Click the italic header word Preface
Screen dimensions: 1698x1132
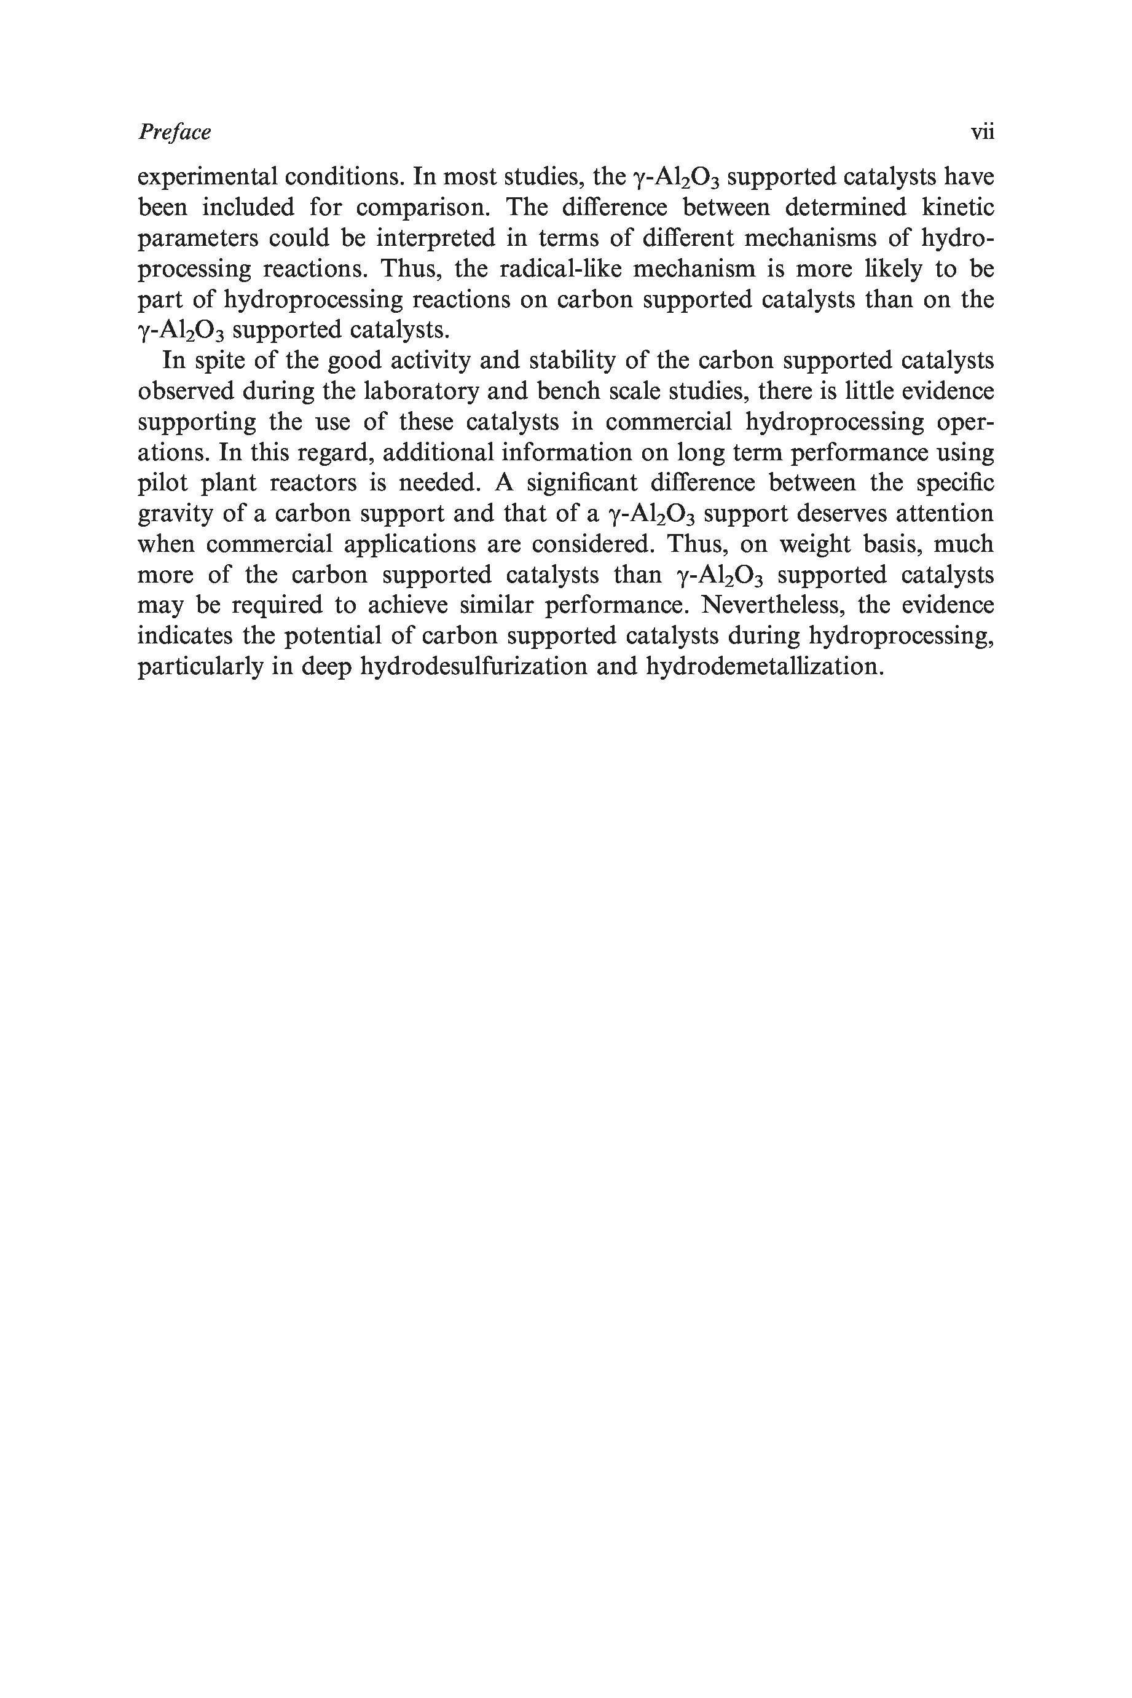tap(174, 132)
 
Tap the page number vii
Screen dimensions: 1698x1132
tap(982, 132)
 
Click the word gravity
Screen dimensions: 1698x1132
tap(174, 514)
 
